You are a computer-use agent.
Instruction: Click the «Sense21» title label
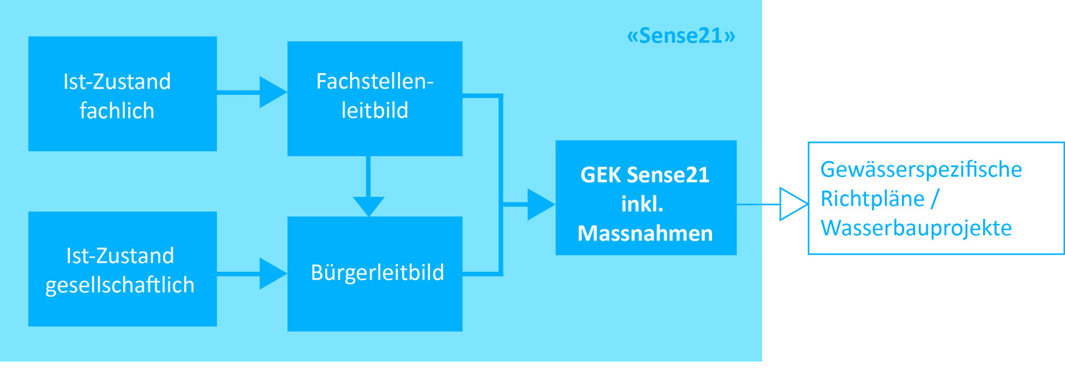click(x=680, y=36)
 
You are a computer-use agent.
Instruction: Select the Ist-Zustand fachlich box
click(x=122, y=94)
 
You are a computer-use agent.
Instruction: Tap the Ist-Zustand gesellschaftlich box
click(x=122, y=269)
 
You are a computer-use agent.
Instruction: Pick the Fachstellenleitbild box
click(x=374, y=98)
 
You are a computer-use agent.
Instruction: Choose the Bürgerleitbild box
click(x=374, y=273)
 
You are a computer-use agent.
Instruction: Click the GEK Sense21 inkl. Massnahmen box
click(x=645, y=198)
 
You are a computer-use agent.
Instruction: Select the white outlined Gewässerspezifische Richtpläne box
click(x=935, y=198)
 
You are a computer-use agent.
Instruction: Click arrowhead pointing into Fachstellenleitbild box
click(x=272, y=92)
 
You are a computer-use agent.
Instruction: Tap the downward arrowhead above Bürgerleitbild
click(x=368, y=206)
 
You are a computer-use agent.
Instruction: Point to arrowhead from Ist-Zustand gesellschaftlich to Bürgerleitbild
click(x=272, y=273)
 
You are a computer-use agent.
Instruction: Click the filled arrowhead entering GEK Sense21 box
click(x=540, y=205)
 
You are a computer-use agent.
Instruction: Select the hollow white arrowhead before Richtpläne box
click(x=793, y=205)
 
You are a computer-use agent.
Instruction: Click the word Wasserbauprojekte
click(x=915, y=228)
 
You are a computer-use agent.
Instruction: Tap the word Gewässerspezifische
click(x=921, y=169)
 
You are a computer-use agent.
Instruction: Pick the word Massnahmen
click(x=645, y=233)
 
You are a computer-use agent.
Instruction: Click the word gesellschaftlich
click(x=119, y=285)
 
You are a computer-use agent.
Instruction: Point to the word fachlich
click(x=116, y=110)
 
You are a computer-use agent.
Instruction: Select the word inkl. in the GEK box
click(x=645, y=204)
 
